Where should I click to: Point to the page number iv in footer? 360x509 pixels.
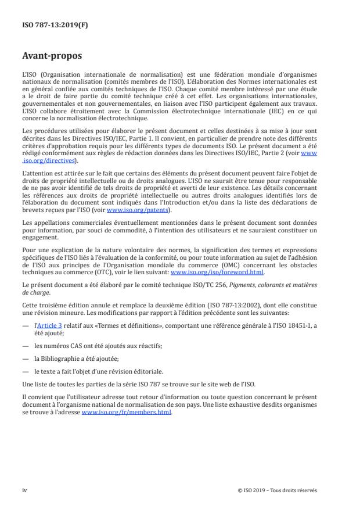coord(25,490)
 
